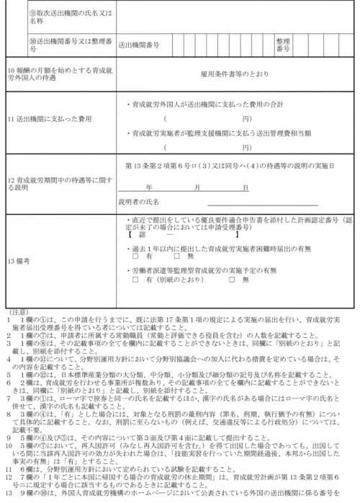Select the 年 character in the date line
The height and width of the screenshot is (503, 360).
click(169, 187)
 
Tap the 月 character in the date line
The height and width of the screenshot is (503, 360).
click(208, 187)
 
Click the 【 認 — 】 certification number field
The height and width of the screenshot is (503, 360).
click(166, 235)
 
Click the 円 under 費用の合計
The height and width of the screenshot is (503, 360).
click(247, 118)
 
